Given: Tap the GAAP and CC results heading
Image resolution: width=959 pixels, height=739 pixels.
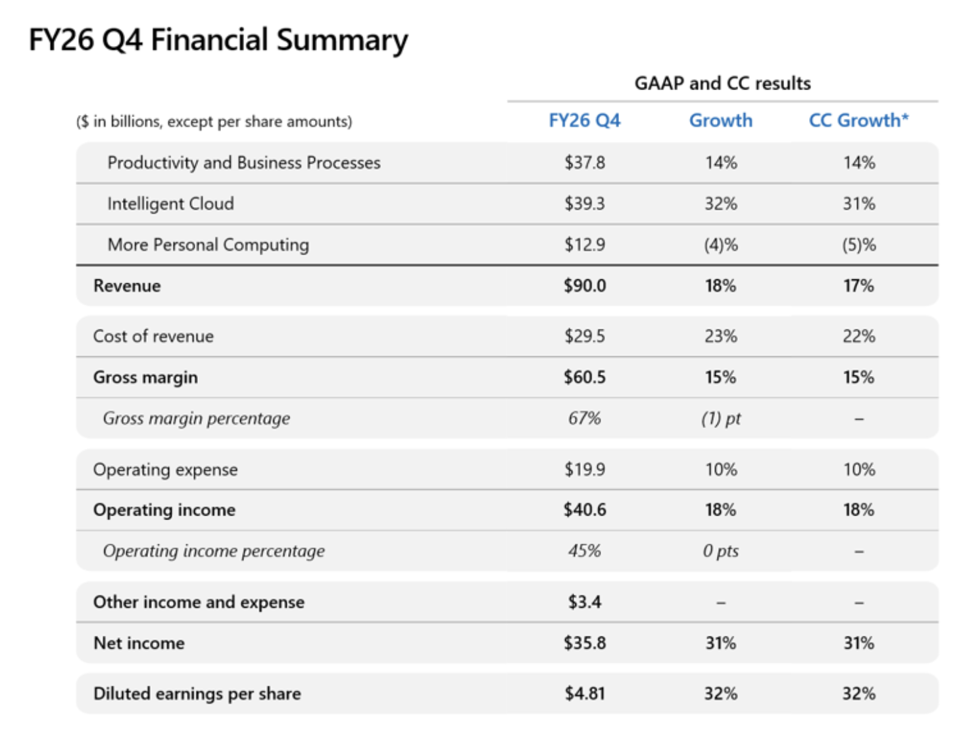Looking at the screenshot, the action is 722,83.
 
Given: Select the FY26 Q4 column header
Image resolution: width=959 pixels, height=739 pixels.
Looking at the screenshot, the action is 584,120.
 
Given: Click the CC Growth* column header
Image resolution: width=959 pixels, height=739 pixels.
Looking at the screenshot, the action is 858,120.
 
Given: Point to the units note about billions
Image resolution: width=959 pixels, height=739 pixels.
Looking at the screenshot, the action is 214,121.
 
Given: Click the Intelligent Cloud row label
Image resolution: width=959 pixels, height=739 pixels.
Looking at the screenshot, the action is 171,204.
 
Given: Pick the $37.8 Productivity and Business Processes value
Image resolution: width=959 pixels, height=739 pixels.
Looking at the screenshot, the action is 585,162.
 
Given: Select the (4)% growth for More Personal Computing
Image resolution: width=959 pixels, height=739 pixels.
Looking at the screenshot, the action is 721,245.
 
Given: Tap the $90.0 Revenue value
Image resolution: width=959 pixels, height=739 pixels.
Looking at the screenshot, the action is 585,286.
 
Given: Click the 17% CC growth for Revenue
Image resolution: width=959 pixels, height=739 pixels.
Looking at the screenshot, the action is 858,286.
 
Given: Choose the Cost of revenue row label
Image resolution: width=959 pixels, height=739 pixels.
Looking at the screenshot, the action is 153,336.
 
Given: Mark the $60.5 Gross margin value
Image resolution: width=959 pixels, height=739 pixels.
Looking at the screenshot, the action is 585,377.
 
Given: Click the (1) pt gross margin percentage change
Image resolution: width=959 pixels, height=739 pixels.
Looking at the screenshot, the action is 721,418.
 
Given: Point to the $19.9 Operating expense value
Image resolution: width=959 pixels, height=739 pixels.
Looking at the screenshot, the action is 585,469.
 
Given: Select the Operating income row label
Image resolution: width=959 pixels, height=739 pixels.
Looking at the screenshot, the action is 164,510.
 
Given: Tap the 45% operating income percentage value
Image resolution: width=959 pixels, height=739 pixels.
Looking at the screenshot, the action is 584,551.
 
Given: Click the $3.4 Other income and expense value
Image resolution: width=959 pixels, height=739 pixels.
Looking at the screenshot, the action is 585,602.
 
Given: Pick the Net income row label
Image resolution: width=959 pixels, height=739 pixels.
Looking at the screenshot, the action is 139,643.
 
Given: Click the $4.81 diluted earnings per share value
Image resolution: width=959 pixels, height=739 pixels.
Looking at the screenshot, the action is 585,693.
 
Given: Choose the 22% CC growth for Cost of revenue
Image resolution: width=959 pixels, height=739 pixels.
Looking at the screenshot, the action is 859,336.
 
